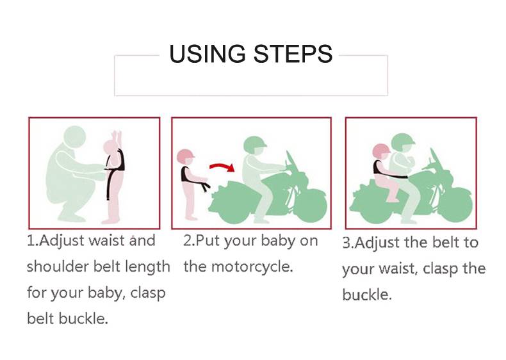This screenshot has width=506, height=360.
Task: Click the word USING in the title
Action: pos(207,54)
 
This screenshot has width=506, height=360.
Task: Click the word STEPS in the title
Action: pos(293,54)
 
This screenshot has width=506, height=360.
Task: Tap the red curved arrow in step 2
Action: pos(222,167)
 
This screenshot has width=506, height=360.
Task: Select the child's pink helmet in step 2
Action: pos(186,156)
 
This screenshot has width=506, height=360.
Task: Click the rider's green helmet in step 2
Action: pos(255,145)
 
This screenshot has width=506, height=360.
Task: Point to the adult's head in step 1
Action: pos(75,137)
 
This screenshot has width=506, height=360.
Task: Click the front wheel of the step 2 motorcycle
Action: pos(310,206)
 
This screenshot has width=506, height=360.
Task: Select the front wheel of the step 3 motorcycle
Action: pos(455,207)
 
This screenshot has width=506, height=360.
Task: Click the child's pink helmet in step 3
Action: pos(381,151)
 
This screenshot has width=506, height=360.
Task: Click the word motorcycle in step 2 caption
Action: pos(251,267)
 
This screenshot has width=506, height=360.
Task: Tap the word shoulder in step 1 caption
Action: pos(58,266)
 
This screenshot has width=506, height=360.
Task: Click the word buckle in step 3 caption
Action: pos(367,295)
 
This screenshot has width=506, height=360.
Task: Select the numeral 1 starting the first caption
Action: pos(31,241)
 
